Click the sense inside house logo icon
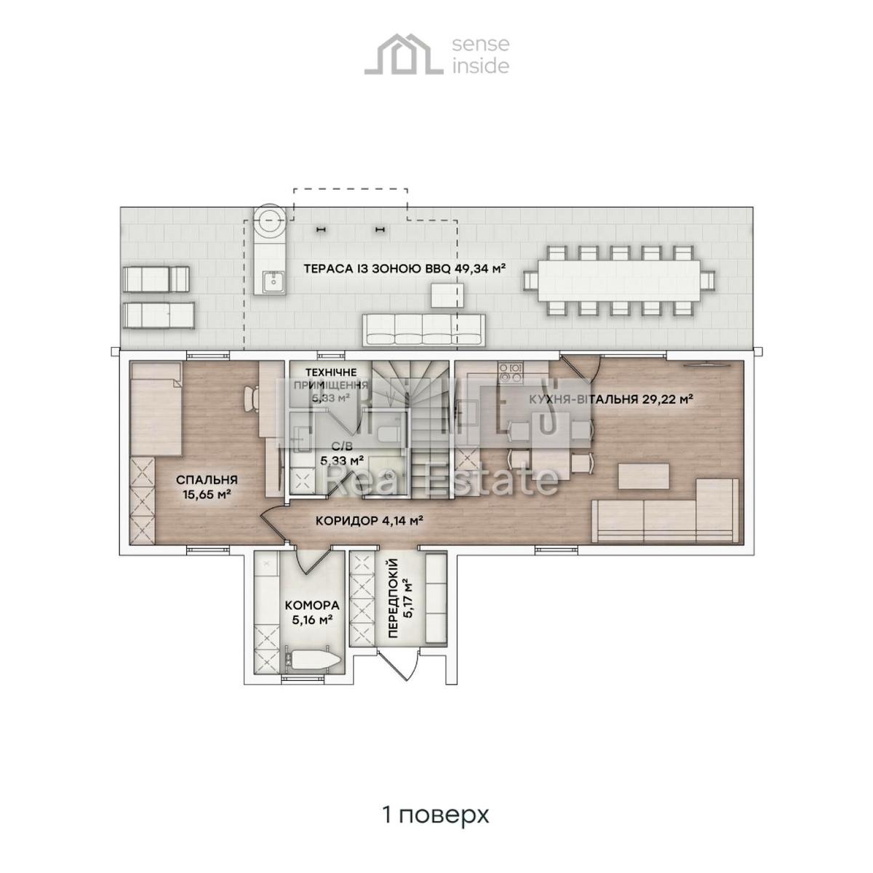click(x=404, y=55)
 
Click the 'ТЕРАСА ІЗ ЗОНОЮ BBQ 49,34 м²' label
click(x=404, y=268)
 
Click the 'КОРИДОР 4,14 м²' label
click(x=370, y=521)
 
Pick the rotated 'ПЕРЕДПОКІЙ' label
click(x=399, y=598)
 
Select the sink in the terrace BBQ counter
click(x=271, y=280)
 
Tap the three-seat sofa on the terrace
click(x=423, y=331)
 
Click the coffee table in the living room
click(x=645, y=477)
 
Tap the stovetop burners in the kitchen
click(x=511, y=373)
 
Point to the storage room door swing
click(x=312, y=561)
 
